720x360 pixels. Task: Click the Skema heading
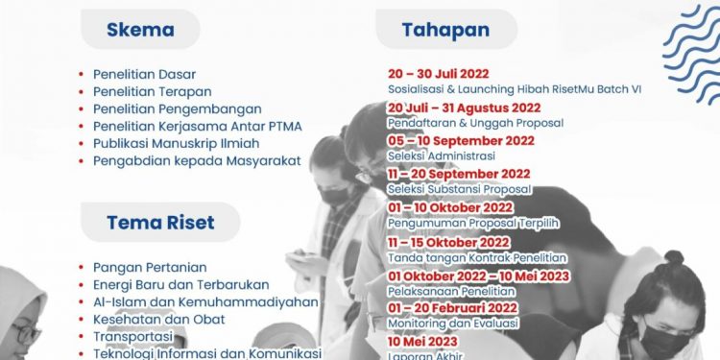140,29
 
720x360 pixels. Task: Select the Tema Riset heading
160,223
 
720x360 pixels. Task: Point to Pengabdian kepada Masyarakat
197,160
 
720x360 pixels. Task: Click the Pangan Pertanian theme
150,267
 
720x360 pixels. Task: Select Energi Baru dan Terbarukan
180,284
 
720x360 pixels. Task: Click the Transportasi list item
132,337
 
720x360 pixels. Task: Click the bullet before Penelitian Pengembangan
84,109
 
